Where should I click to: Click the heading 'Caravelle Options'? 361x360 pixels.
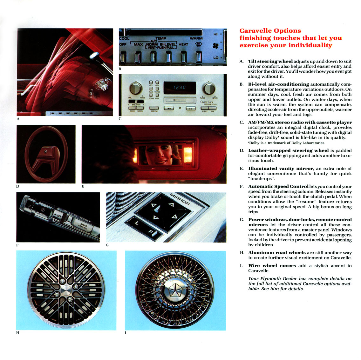click(270, 31)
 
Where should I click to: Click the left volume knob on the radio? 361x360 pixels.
click(136, 88)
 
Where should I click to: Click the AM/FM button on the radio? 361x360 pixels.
click(154, 108)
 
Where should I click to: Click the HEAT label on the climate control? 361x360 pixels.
click(183, 44)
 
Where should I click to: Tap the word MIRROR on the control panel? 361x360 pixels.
click(180, 199)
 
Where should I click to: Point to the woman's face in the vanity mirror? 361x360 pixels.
click(162, 153)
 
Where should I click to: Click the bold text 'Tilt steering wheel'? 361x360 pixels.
click(270, 61)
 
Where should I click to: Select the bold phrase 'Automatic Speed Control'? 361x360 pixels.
click(278, 186)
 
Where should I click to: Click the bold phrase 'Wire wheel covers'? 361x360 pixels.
click(272, 265)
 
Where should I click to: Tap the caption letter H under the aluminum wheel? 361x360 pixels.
click(17, 333)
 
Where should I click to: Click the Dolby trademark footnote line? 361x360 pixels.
click(286, 143)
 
